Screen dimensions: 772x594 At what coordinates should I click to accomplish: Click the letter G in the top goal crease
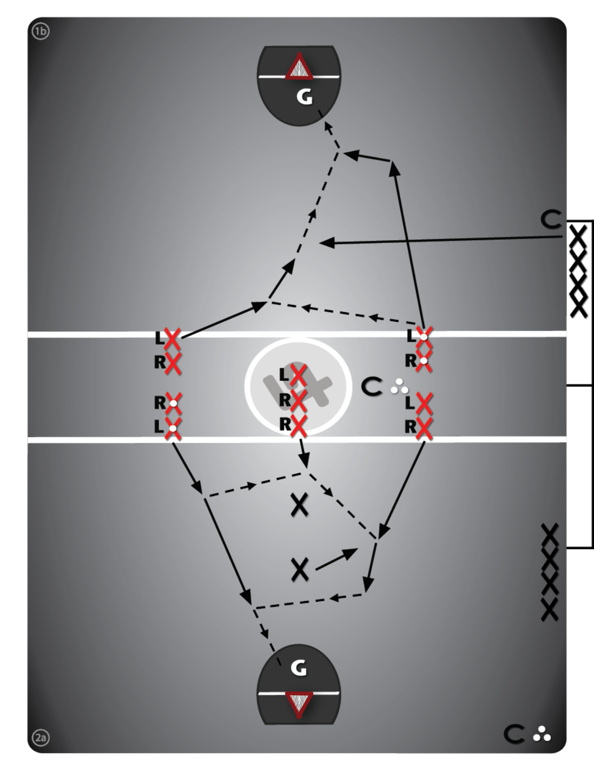[305, 97]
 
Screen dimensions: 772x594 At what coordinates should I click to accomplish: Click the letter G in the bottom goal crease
[299, 668]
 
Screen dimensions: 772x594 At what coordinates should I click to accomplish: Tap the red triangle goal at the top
[299, 69]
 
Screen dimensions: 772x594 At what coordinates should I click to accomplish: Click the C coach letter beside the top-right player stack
[551, 220]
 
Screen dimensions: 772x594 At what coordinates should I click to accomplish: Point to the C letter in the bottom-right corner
[514, 734]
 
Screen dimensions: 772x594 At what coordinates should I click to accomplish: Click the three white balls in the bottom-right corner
[542, 734]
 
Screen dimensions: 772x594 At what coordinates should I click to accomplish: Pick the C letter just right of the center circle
[372, 387]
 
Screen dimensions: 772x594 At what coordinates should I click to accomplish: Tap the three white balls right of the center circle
[399, 386]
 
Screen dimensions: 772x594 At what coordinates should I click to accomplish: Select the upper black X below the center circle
[299, 505]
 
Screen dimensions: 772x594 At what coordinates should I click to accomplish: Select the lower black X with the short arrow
[300, 570]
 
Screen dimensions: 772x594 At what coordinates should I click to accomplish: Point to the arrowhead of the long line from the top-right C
[326, 243]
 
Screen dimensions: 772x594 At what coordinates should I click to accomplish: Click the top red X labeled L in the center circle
[298, 374]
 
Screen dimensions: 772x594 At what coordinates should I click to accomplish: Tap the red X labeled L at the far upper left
[172, 339]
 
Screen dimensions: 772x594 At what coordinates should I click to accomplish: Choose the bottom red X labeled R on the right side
[424, 427]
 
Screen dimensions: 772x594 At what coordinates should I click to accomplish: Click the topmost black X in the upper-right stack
[578, 236]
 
